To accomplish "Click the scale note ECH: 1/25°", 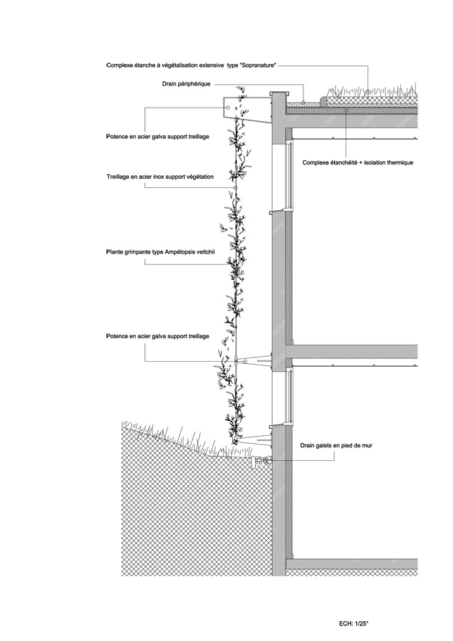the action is click(353, 623).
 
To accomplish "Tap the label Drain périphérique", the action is click(186, 84).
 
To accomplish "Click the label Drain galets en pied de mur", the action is click(336, 445).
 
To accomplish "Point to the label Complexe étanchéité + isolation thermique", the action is click(358, 162).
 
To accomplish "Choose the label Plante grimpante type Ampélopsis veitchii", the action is click(160, 252).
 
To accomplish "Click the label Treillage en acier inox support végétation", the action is click(160, 177).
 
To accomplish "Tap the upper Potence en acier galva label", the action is click(157, 137).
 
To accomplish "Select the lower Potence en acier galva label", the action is click(157, 336).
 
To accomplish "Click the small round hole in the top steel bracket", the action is click(229, 108).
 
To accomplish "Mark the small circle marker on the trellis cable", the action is click(235, 187).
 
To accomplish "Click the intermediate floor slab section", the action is click(352, 352).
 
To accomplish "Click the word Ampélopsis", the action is click(181, 252).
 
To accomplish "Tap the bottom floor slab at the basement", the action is click(352, 564).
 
